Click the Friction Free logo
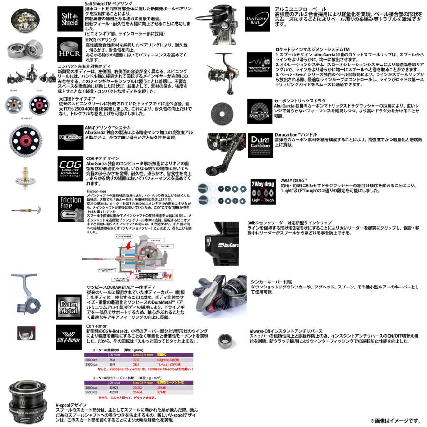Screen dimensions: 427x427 [x=71, y=209]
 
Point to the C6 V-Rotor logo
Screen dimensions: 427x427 [x=68, y=336]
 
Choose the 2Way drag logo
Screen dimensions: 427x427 [x=262, y=192]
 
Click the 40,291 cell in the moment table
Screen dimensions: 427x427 [x=115, y=392]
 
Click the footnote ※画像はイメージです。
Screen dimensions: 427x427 [x=395, y=421]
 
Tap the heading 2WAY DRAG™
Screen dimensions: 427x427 [x=292, y=181]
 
